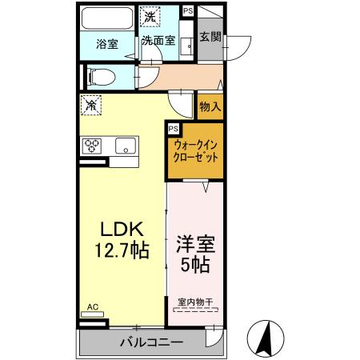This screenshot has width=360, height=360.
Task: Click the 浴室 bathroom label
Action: point(107,45)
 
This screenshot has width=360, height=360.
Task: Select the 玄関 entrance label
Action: point(210,36)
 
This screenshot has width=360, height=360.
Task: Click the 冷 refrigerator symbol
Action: point(91,105)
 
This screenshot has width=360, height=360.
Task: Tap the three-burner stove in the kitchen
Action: point(92,146)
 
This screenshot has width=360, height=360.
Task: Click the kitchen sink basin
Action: point(125,146)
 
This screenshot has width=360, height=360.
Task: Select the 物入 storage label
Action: point(210,106)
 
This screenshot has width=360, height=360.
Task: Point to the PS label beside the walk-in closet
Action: point(173,128)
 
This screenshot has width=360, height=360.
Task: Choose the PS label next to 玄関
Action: point(187,10)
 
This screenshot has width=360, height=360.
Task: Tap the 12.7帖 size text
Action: point(119,250)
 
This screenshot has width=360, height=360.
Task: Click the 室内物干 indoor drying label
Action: point(195,301)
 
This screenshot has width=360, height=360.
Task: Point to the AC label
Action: point(92,307)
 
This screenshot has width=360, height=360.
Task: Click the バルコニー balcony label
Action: point(152,342)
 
